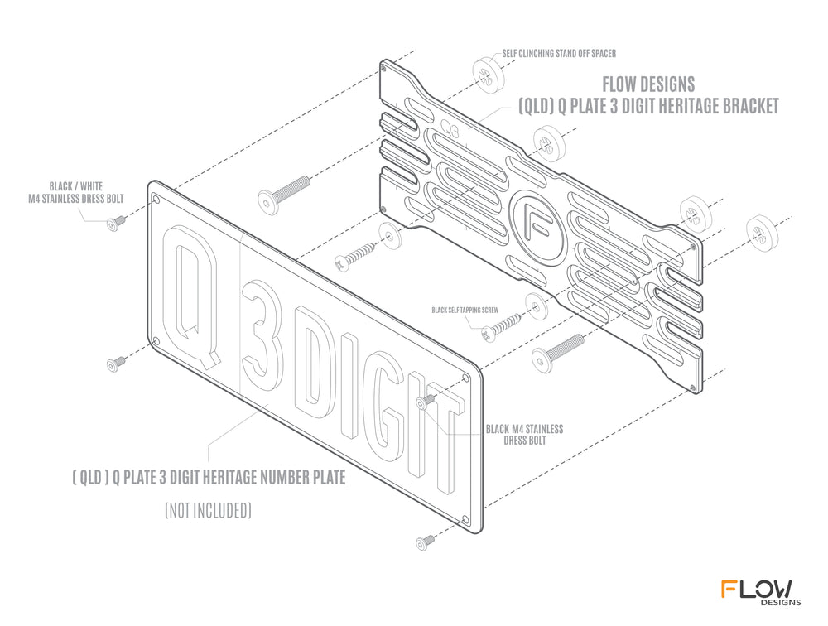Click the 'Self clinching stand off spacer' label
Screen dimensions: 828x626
pos(559,53)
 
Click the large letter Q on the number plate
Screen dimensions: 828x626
pos(191,296)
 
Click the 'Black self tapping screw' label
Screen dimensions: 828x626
pos(465,310)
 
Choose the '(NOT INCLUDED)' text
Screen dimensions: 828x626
pos(208,510)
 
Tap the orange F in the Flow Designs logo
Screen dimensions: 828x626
pos(730,589)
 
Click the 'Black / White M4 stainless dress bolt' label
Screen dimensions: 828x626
pos(76,192)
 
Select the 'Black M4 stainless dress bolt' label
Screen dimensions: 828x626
pos(524,434)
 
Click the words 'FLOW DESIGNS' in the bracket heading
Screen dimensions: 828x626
pos(648,84)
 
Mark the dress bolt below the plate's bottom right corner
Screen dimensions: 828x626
pos(425,542)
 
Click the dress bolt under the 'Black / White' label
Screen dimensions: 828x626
pos(116,223)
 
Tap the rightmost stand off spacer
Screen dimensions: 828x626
pos(763,233)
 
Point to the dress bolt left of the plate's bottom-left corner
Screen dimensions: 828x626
pos(116,364)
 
